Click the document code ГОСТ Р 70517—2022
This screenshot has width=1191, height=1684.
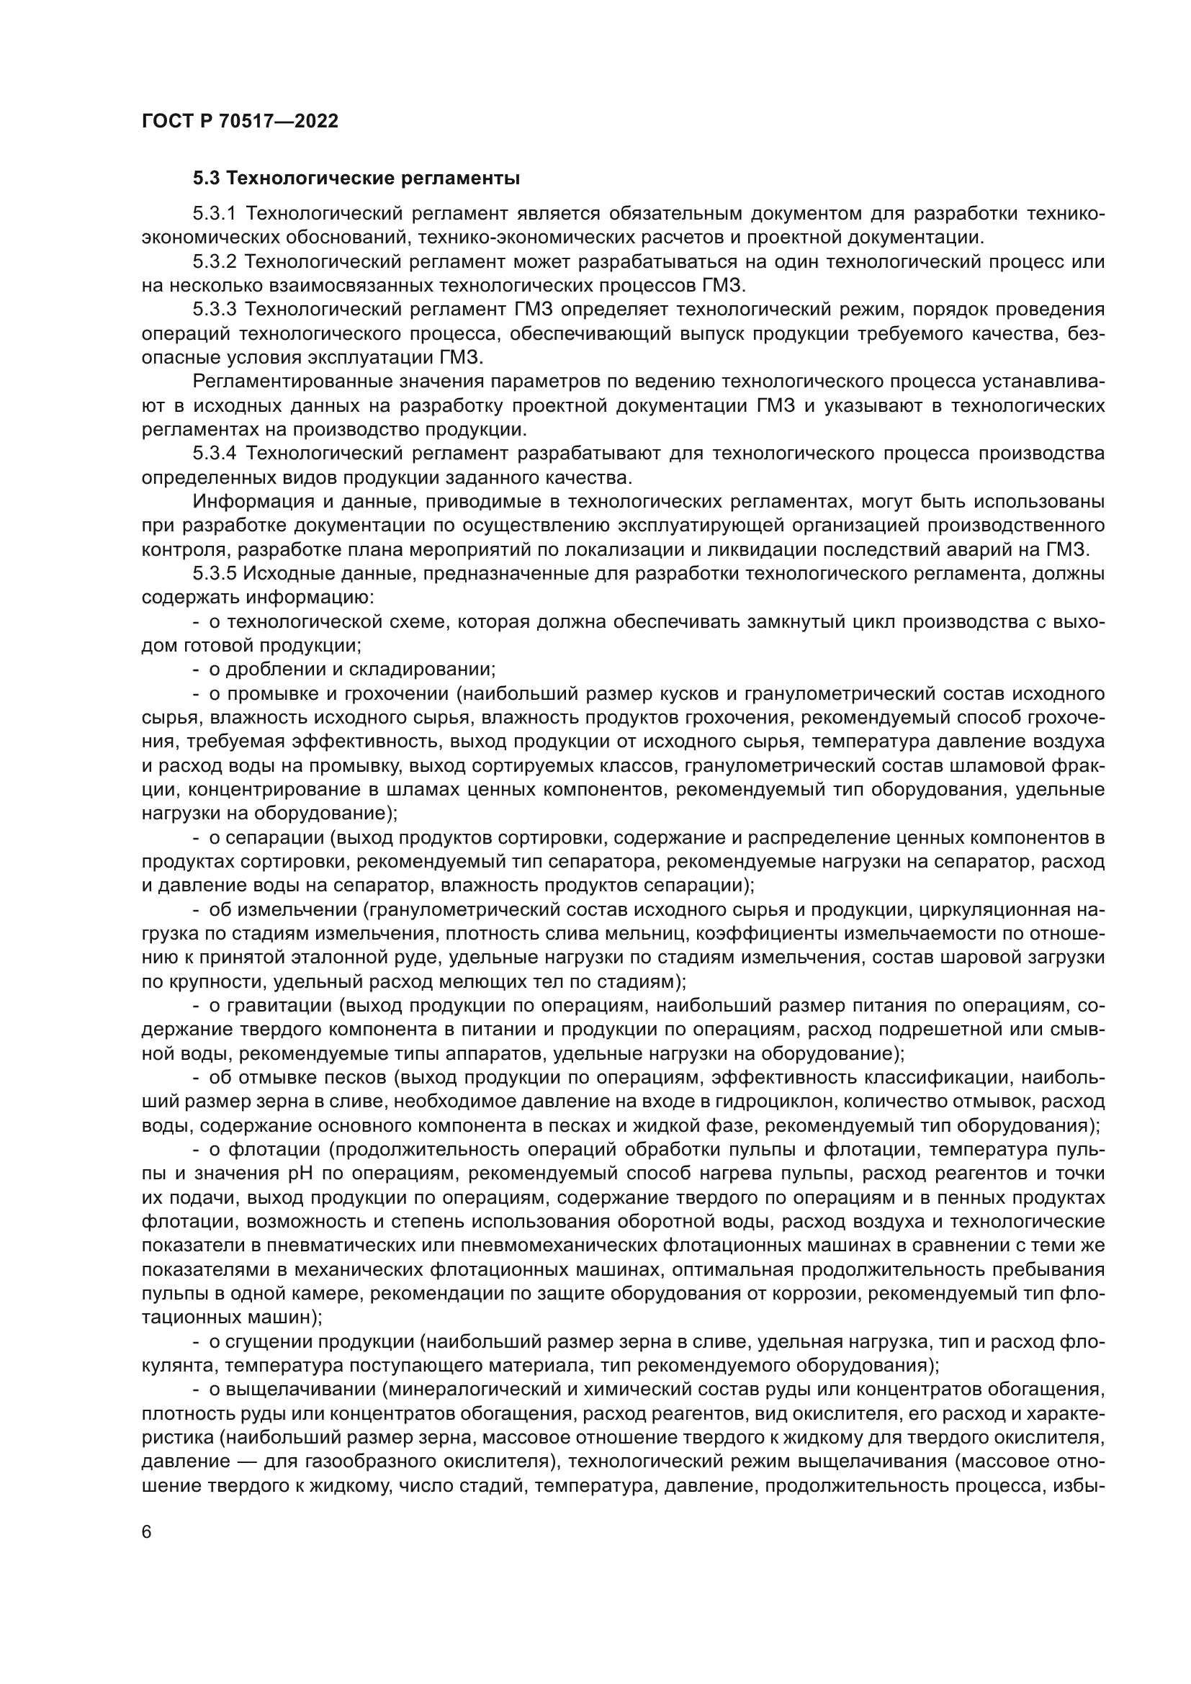[240, 122]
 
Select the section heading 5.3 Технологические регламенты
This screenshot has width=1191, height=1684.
[356, 179]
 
